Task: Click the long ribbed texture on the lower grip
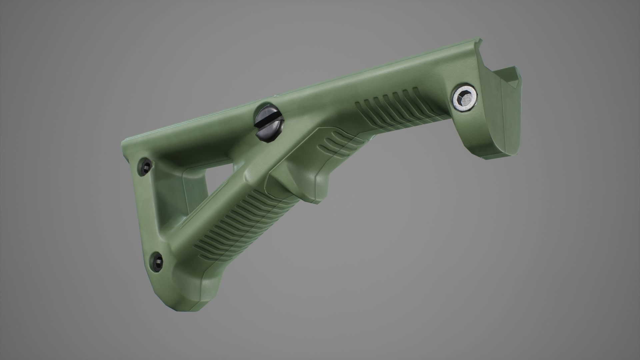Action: tap(233, 227)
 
